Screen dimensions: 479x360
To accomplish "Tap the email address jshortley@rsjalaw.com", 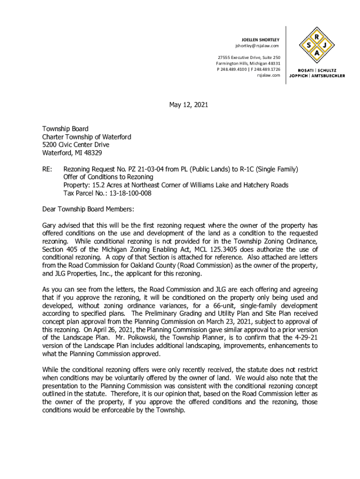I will (x=257, y=46).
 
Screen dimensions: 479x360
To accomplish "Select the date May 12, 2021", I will (x=188, y=105).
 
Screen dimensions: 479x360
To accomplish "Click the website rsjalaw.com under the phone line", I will (x=268, y=75).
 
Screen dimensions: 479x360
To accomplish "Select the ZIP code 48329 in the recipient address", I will (x=93, y=153).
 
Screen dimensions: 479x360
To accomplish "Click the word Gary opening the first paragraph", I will (x=50, y=225).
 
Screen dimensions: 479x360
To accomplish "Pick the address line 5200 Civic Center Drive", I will (x=76, y=145).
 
